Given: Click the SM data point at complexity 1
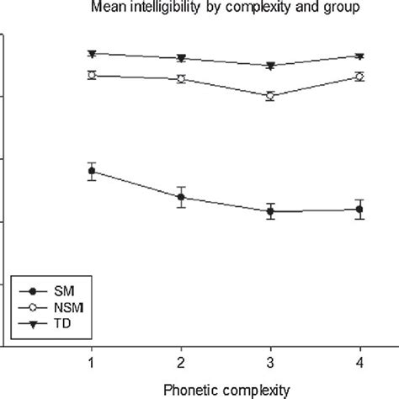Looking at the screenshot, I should tap(92, 171).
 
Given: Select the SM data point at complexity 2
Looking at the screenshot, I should tap(181, 197).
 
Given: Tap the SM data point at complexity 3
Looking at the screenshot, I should tap(270, 211).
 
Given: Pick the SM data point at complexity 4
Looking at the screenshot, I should tap(359, 209).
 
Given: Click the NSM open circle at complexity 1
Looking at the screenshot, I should tap(92, 75).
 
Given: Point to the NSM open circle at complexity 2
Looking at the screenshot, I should tap(181, 79).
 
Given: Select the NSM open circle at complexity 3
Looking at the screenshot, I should tap(270, 96).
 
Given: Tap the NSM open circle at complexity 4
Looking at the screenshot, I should tap(359, 77).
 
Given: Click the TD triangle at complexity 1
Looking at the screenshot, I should tap(92, 54).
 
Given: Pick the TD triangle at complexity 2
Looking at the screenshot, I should tap(181, 58).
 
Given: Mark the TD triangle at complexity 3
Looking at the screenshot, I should tap(270, 66).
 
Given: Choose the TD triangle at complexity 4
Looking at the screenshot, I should tap(359, 56).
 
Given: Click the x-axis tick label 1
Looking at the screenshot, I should tap(92, 361).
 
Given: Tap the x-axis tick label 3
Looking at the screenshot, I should tap(270, 361).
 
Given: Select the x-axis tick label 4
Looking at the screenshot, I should tap(359, 361).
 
